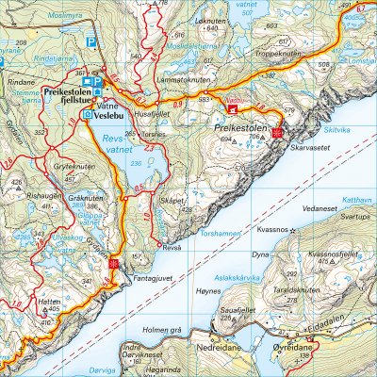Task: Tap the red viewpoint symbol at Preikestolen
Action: (277, 134)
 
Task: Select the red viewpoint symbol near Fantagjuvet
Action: (112, 264)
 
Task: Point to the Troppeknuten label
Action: (284, 56)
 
